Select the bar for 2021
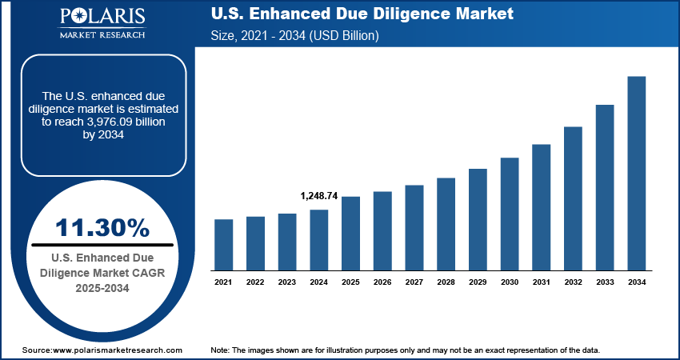(224, 244)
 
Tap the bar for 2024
(319, 239)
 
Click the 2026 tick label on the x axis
(382, 282)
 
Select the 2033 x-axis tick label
(605, 282)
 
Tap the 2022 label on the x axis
(255, 282)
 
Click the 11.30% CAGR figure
(102, 227)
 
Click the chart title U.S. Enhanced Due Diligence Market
(361, 15)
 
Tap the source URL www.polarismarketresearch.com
(117, 350)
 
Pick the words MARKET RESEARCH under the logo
(102, 34)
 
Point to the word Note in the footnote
(220, 350)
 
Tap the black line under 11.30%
(102, 244)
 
